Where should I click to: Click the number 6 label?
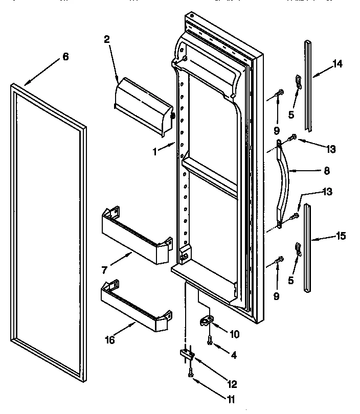click(x=65, y=57)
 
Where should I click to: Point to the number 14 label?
click(x=337, y=64)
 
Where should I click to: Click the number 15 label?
click(x=341, y=236)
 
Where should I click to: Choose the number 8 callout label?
click(x=327, y=171)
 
